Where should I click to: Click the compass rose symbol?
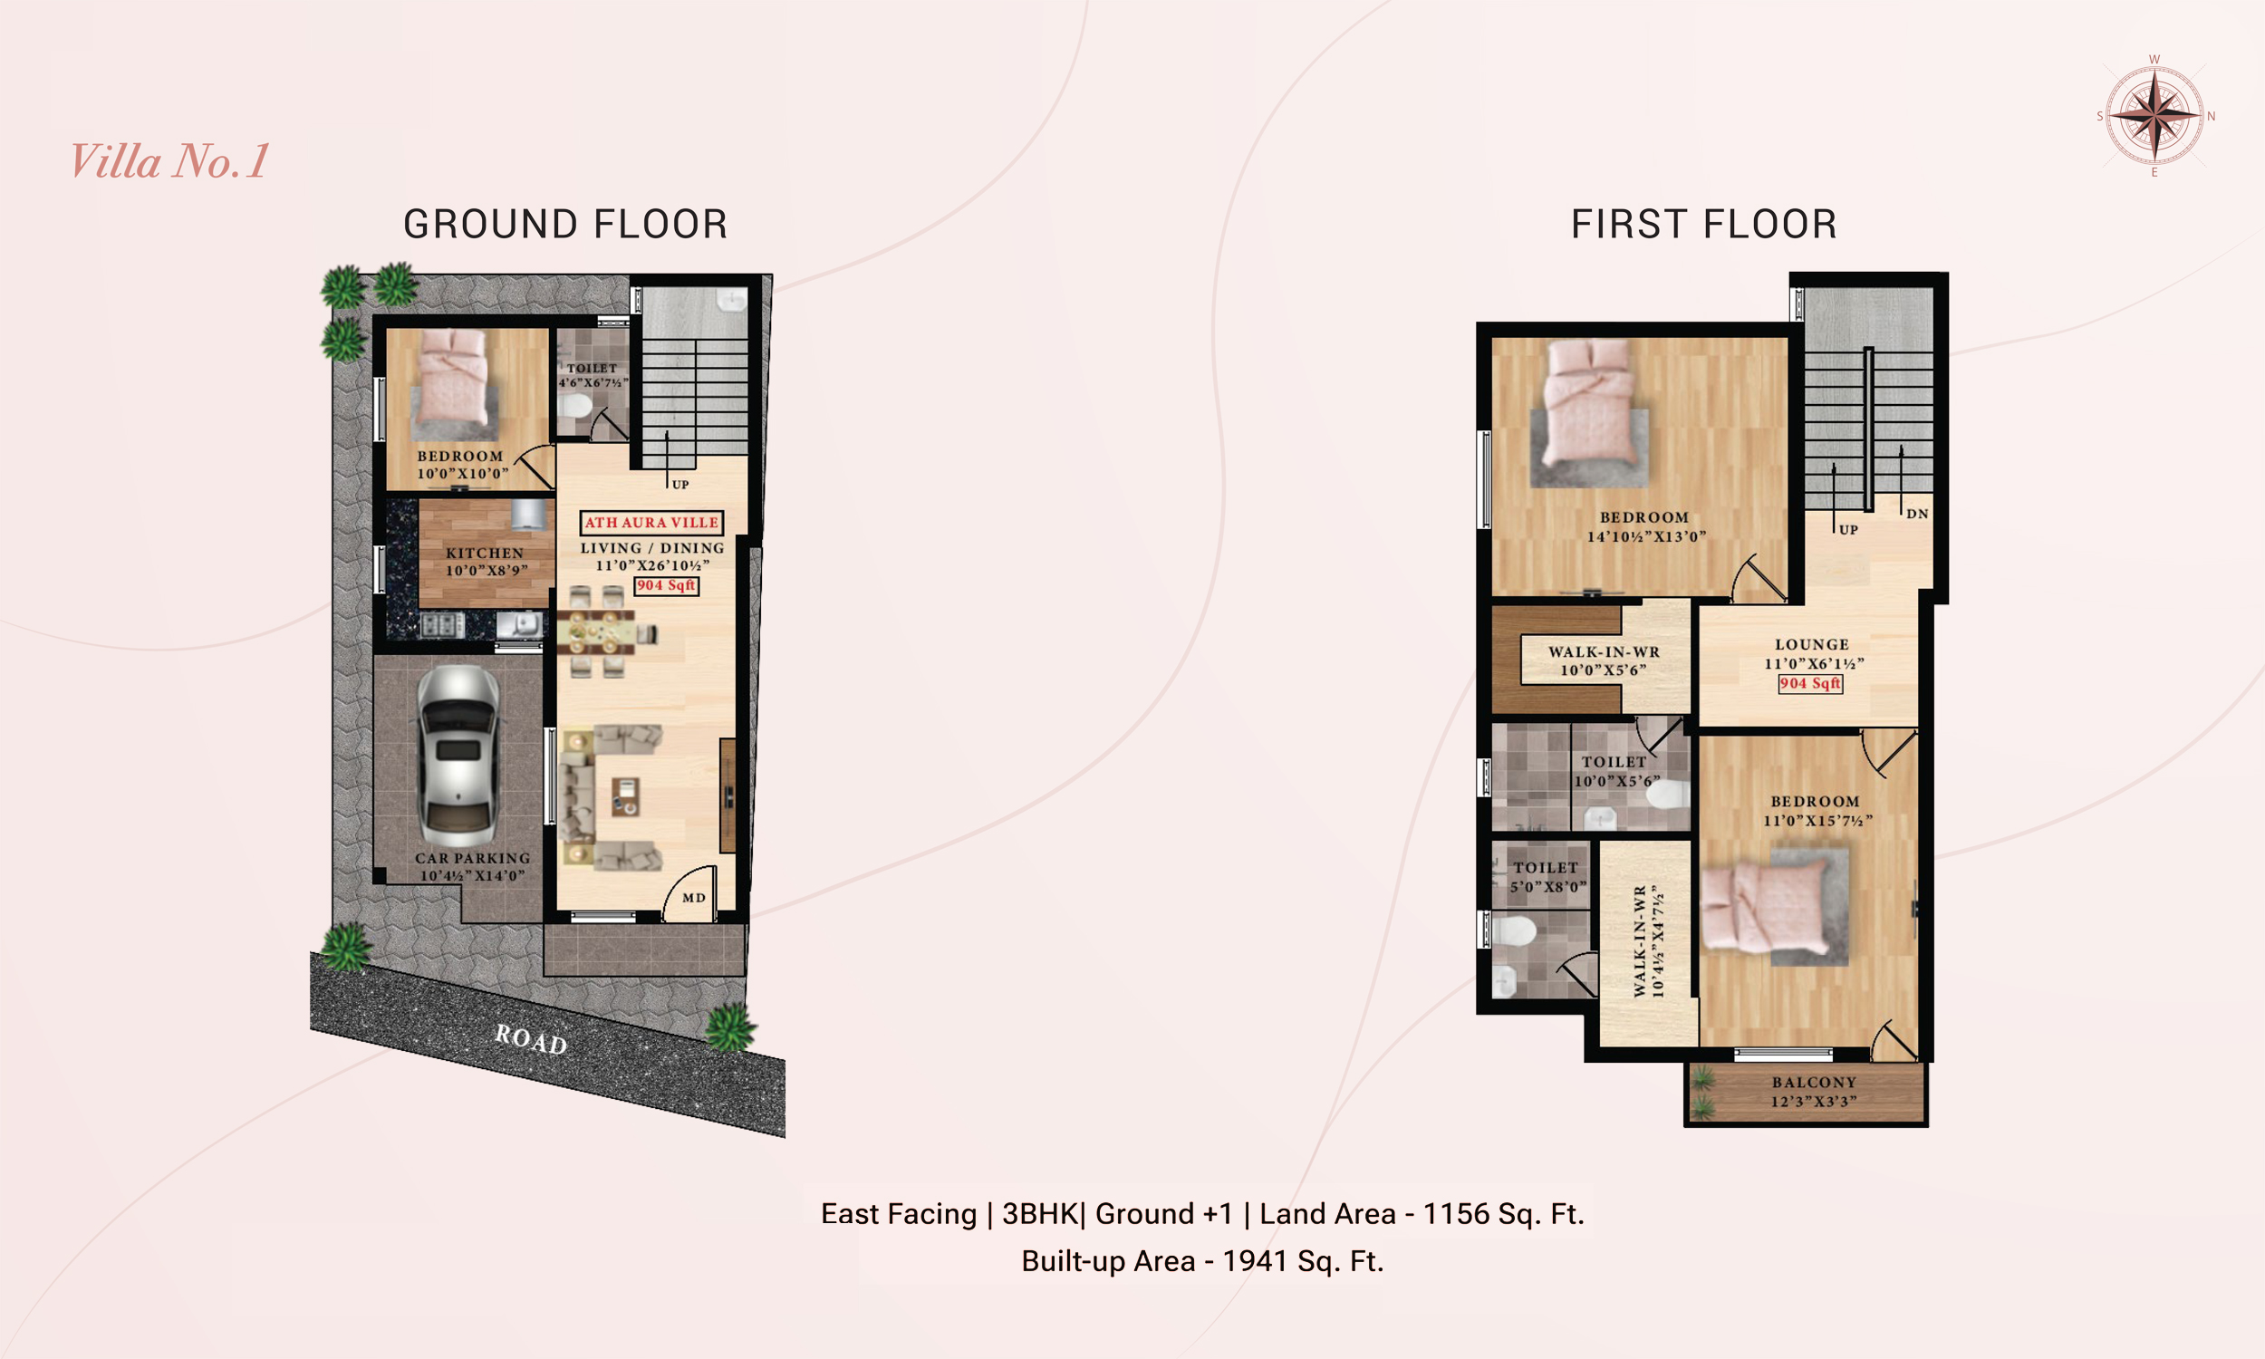(x=2155, y=115)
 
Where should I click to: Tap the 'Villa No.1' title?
(x=169, y=161)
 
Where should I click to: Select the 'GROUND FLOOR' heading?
(x=565, y=225)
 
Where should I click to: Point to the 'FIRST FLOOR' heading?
(x=1704, y=225)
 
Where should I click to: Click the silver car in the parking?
(x=458, y=757)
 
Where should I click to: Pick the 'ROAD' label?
(x=531, y=1039)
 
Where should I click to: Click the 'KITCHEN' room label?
(x=486, y=554)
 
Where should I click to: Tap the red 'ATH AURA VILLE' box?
(x=651, y=523)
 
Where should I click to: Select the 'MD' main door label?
(x=694, y=898)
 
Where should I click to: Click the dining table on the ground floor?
(x=600, y=632)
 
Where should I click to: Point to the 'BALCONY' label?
(x=1814, y=1083)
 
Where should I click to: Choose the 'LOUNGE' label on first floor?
(x=1812, y=645)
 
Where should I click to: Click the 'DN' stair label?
(x=1917, y=514)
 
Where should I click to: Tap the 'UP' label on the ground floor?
(x=680, y=485)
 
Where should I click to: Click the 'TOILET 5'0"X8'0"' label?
(x=1547, y=876)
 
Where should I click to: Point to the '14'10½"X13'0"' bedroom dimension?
(x=1646, y=536)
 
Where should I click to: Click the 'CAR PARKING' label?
(x=472, y=858)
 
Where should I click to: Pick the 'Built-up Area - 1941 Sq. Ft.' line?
(x=1202, y=1261)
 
